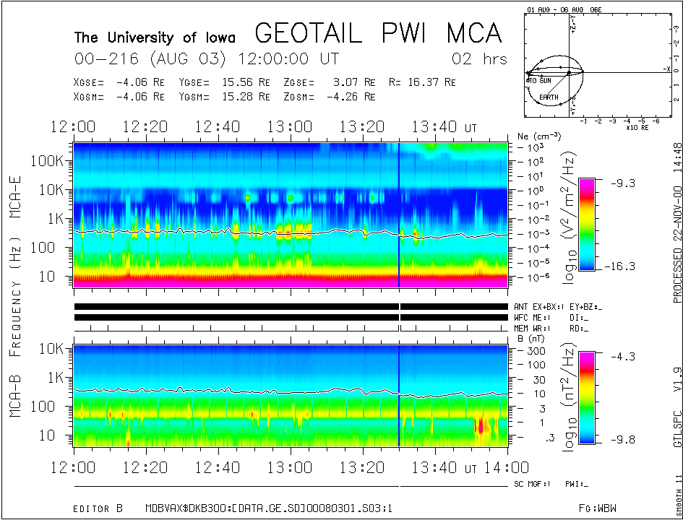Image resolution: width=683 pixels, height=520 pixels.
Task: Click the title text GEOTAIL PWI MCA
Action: click(x=378, y=33)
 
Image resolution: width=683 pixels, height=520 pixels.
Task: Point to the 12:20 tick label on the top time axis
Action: click(x=145, y=127)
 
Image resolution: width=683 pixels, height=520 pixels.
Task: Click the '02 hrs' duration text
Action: click(x=479, y=58)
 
